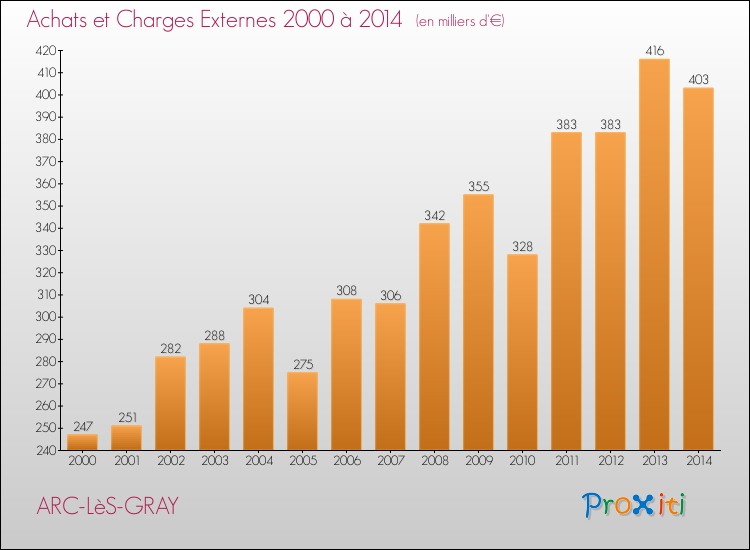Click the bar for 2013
click(x=654, y=254)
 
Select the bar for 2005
click(x=302, y=411)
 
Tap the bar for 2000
click(x=82, y=442)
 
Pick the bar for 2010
click(x=522, y=352)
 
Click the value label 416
click(x=654, y=50)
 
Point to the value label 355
click(x=478, y=186)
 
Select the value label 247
click(x=83, y=426)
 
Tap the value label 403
click(x=698, y=79)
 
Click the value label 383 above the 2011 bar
click(x=566, y=124)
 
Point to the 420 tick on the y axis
click(x=46, y=50)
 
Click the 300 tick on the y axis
click(x=46, y=317)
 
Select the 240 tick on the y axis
click(x=46, y=450)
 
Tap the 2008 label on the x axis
click(x=435, y=461)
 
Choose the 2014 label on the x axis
click(x=699, y=461)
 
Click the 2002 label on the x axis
click(x=171, y=461)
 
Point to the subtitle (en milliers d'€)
click(x=460, y=21)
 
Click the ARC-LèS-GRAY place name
click(x=108, y=506)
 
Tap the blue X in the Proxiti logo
click(x=642, y=505)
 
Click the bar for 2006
click(x=346, y=374)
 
